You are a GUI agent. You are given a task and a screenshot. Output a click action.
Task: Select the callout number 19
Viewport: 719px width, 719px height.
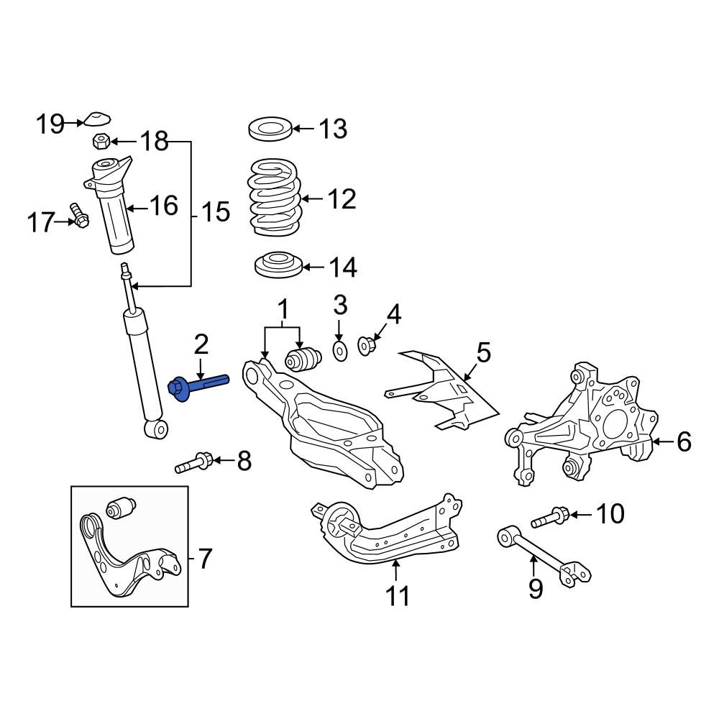tap(51, 124)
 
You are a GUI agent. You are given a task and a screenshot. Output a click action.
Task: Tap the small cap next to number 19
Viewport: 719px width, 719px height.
tap(96, 120)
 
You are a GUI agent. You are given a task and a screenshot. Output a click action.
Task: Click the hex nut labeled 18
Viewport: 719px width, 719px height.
tap(101, 141)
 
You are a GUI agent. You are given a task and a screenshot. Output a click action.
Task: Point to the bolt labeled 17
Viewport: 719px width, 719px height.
tap(79, 215)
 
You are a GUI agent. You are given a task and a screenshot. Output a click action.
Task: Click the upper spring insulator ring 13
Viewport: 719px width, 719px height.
tap(270, 130)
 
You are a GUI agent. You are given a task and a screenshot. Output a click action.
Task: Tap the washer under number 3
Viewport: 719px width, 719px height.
tap(339, 350)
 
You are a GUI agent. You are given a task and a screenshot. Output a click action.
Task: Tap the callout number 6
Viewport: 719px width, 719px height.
tap(684, 441)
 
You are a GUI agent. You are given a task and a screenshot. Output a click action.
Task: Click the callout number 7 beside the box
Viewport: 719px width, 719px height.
tap(205, 559)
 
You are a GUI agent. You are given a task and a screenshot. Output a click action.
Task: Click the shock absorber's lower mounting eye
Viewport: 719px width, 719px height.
tap(156, 429)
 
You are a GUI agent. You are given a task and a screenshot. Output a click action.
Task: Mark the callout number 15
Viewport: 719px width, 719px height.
tap(214, 212)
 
